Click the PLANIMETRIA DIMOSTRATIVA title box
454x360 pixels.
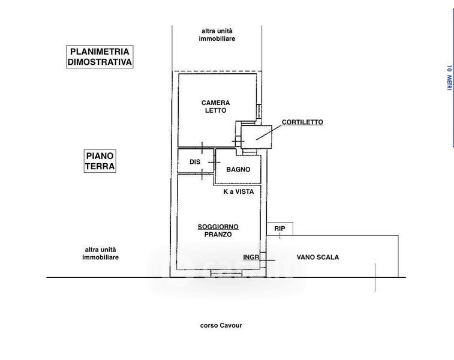coord(100,57)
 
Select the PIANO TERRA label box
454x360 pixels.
coord(100,161)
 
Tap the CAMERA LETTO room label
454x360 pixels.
coord(216,107)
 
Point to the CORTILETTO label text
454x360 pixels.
coord(302,122)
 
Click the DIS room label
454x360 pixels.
coord(195,162)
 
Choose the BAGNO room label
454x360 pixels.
coord(238,169)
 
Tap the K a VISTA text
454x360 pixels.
coord(239,191)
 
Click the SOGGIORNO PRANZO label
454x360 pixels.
coord(218,230)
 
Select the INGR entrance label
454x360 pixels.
coord(251,257)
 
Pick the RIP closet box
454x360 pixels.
coord(279,229)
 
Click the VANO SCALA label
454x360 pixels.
coord(318,257)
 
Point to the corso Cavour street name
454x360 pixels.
coord(221,325)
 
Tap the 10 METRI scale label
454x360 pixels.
coord(449,78)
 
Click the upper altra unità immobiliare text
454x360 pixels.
coord(217,35)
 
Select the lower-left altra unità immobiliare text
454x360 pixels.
coord(101,253)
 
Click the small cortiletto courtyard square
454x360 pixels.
coord(257,137)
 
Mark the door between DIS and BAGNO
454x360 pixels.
coord(214,162)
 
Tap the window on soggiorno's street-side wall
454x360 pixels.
coord(226,273)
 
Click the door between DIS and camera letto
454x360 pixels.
coord(202,148)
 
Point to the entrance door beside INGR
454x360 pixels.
coord(263,260)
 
